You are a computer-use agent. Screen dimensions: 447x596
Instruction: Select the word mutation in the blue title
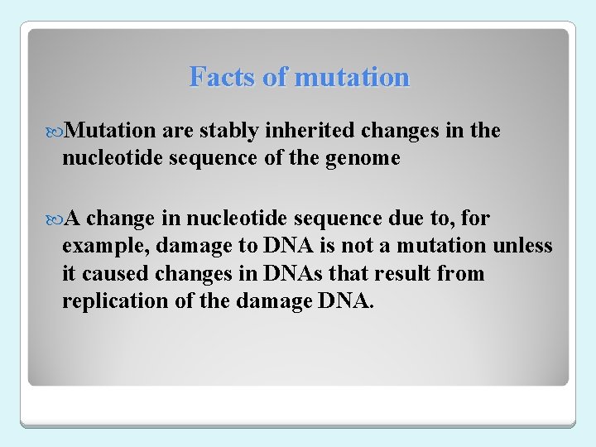352,77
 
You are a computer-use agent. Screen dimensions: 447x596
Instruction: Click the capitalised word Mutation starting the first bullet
110,131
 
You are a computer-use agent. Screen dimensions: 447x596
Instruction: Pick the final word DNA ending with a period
346,300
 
